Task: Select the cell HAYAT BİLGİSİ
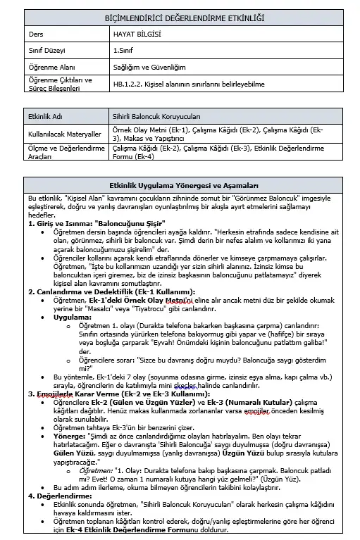click(x=137, y=33)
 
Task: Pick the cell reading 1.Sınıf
click(x=126, y=50)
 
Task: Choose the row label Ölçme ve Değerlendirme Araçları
click(x=62, y=152)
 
